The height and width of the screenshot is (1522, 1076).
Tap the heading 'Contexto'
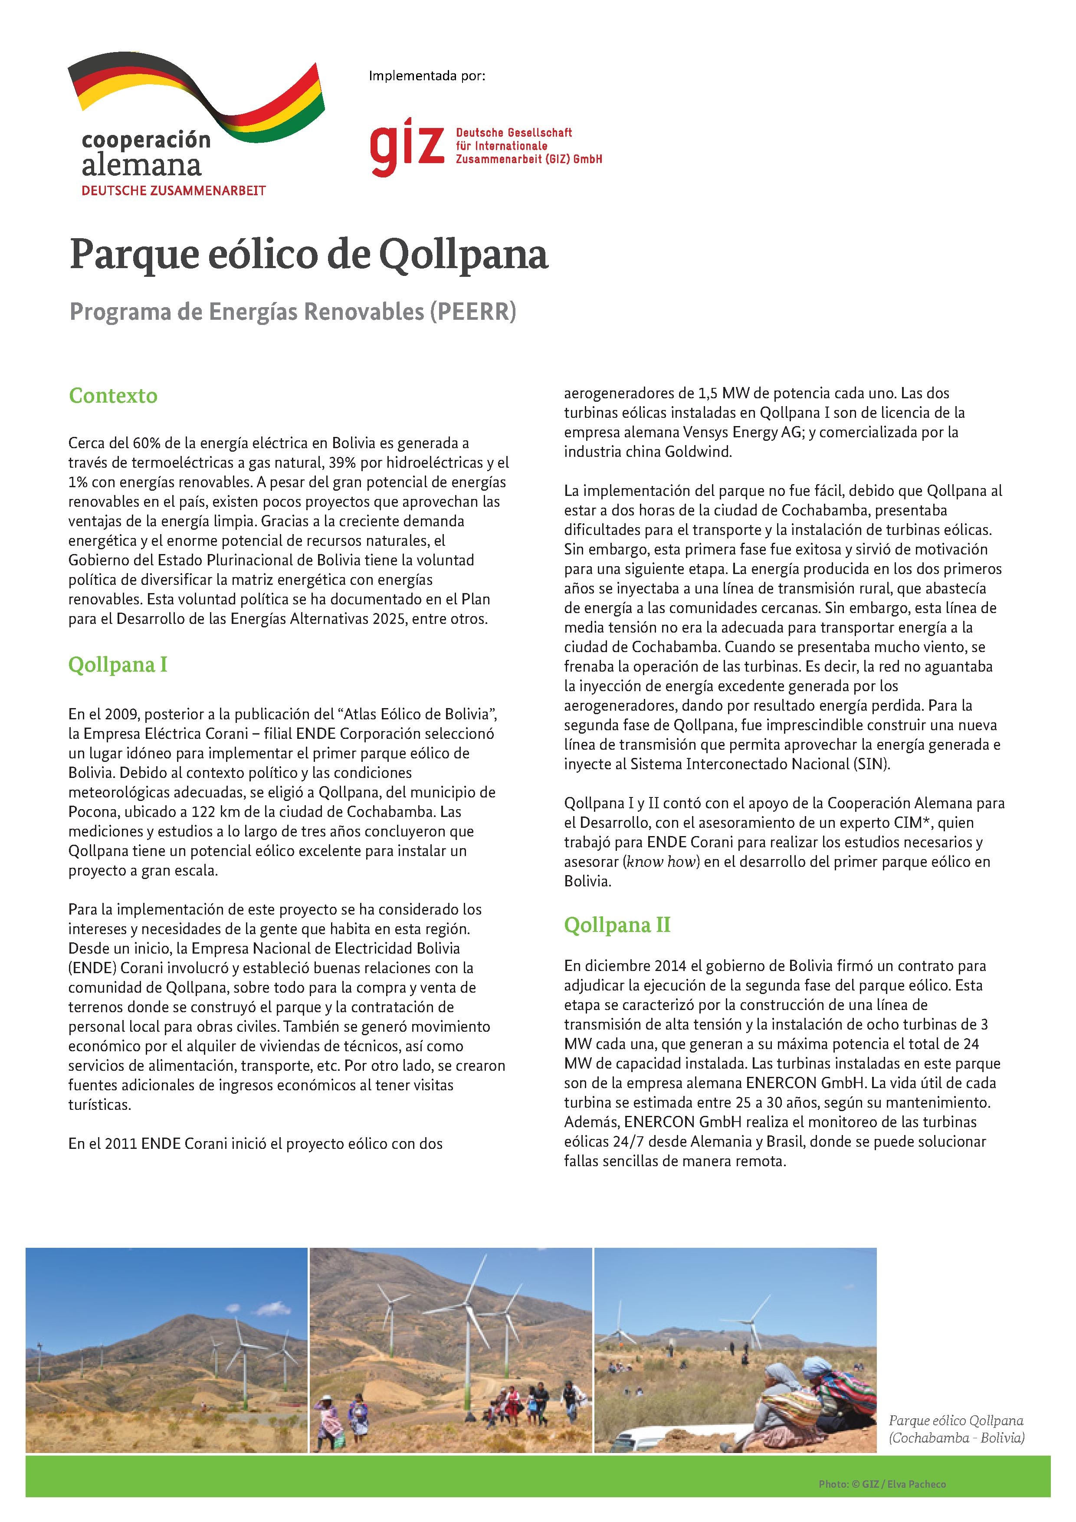113,396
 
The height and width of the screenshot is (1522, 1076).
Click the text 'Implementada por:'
427,76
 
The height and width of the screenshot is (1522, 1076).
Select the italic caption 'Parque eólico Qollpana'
956,1420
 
